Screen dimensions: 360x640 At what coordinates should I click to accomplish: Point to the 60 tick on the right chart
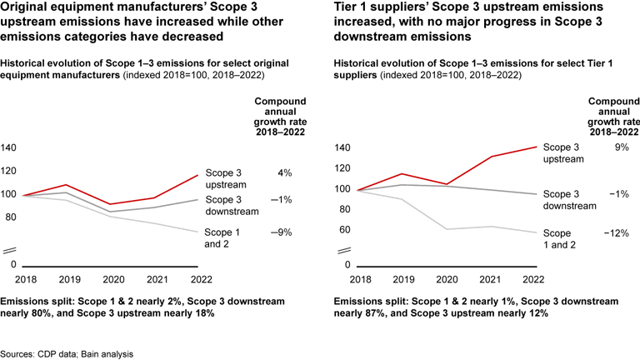tap(340, 230)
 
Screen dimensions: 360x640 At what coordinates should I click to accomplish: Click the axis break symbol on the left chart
tap(9, 250)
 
